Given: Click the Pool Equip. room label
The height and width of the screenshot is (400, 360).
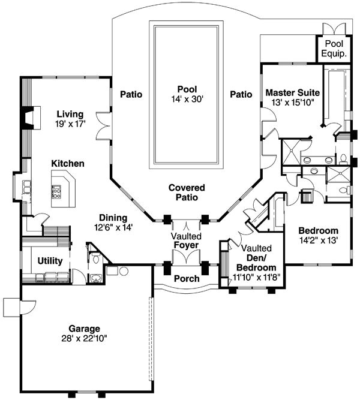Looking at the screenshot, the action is tap(334, 49).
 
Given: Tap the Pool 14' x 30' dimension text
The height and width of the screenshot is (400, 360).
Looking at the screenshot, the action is tap(187, 99).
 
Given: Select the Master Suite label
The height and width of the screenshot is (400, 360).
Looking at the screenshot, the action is tap(293, 92).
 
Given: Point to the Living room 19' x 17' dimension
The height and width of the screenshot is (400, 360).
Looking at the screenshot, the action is tap(70, 124).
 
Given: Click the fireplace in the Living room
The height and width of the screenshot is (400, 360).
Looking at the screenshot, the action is tap(31, 118).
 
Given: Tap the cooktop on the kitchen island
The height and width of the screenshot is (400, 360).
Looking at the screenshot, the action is tap(56, 192).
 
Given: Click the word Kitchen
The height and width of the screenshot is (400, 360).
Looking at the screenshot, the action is tap(68, 164).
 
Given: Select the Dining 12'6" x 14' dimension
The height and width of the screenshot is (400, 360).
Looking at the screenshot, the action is tap(113, 227).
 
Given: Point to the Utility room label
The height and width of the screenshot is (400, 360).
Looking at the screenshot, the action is tap(50, 261).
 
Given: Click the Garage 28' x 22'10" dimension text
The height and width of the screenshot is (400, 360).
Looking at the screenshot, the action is tap(84, 338).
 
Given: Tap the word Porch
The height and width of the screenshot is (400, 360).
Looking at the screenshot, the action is tap(187, 279).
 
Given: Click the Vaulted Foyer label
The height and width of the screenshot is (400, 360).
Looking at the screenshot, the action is tap(186, 240).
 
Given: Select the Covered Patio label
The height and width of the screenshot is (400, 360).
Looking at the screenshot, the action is tap(187, 193).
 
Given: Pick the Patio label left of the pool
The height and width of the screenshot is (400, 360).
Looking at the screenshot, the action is tap(131, 94).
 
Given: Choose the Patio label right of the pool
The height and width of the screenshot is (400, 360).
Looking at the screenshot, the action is tap(241, 94).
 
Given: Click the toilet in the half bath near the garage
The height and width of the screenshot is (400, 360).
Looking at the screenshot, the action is tap(96, 258).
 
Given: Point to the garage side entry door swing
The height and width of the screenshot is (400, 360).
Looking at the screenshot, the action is tap(28, 308).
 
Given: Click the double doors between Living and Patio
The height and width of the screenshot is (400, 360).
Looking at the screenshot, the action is tap(104, 125).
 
